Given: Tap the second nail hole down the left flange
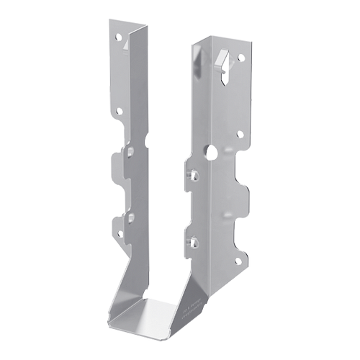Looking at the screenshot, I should [119, 111].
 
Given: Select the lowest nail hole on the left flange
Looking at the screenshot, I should [120, 233].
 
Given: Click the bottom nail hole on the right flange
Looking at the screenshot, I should [240, 254].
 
